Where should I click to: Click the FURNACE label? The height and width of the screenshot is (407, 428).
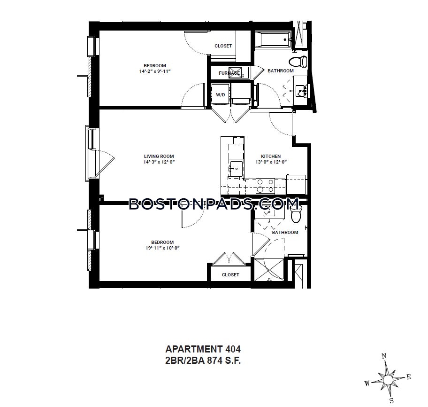tap(229, 73)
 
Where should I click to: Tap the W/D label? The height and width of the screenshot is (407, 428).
tap(220, 94)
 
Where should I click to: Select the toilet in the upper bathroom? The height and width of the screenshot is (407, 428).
tap(297, 61)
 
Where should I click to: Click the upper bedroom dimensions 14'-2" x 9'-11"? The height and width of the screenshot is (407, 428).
tap(154, 71)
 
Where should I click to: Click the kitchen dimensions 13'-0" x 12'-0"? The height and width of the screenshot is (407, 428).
tap(271, 162)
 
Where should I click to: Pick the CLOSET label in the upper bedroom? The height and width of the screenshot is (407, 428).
tap(223, 46)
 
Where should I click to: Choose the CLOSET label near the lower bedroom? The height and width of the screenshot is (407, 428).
tap(230, 274)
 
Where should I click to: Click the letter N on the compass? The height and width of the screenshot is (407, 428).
tap(383, 356)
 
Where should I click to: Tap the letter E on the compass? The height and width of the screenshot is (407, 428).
tap(409, 376)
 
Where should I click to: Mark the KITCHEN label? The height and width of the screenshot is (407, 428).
tap(271, 156)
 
